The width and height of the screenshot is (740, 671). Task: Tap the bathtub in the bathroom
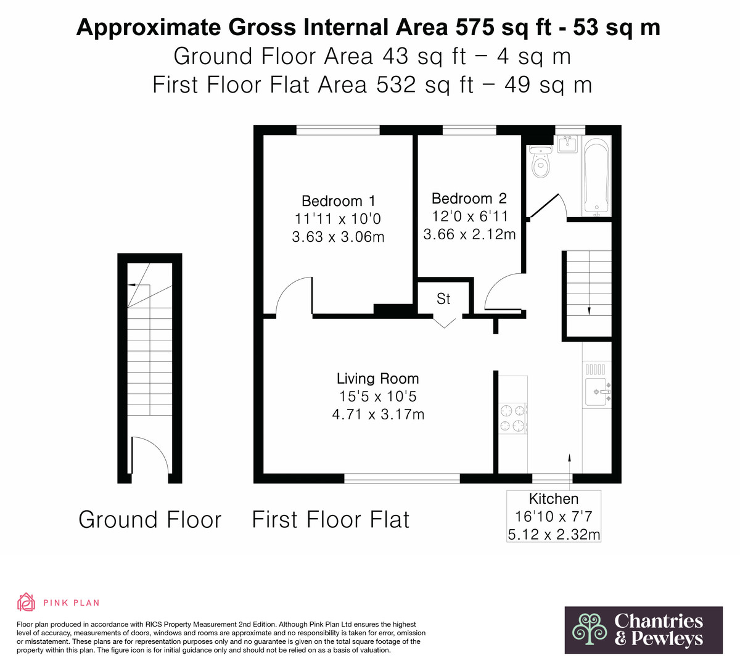(x=596, y=176)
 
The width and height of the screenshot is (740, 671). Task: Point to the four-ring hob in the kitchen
(x=513, y=418)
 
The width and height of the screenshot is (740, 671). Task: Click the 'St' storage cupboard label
(x=443, y=298)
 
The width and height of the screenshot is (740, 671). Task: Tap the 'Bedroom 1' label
(x=339, y=201)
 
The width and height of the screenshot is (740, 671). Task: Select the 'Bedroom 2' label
(x=469, y=199)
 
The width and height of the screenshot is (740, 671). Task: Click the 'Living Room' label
(x=378, y=379)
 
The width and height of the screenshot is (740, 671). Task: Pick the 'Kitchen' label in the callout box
(x=553, y=499)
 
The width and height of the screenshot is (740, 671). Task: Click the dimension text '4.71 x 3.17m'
(x=378, y=414)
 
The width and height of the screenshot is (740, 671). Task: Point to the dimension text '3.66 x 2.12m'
(x=469, y=234)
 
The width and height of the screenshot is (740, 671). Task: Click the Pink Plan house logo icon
(x=26, y=602)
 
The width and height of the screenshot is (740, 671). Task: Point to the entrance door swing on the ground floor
(x=151, y=455)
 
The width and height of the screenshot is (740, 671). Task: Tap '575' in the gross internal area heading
(x=475, y=27)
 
